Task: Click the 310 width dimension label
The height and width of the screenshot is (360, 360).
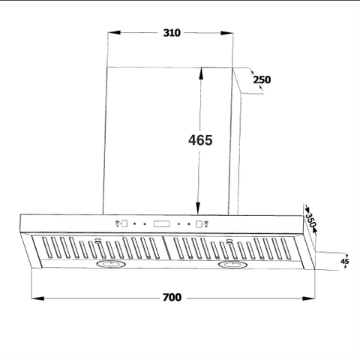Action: pos(171,34)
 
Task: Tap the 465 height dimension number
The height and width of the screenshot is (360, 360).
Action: pos(200,139)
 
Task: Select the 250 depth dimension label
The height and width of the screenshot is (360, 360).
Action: pos(261,79)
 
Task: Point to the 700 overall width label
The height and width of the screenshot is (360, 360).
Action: pos(172,298)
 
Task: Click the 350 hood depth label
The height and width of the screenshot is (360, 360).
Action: pos(309,220)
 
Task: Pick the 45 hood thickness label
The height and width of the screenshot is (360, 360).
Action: pos(345,262)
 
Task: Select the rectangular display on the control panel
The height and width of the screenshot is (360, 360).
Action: pos(162,223)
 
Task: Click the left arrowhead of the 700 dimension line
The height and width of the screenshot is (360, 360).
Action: pos(37,298)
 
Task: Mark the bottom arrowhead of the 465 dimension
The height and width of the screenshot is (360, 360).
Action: pos(199,211)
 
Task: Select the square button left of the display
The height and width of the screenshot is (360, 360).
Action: pos(124,223)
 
